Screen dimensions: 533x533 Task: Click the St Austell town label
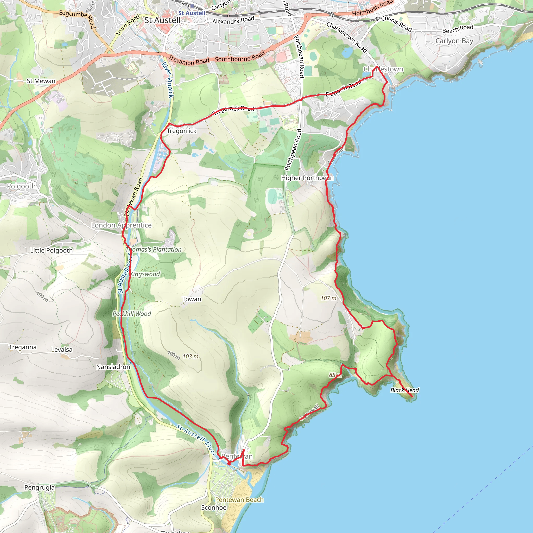[x=162, y=20]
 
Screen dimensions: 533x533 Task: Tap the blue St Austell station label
[x=192, y=13]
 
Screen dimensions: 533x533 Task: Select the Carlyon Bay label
[x=454, y=41]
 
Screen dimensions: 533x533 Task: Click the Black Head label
[x=404, y=390]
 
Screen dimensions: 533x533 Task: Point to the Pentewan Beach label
[x=239, y=500]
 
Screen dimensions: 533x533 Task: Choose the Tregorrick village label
[x=182, y=131]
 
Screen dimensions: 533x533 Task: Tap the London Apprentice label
[x=121, y=225]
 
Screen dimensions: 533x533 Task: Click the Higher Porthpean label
[x=307, y=178]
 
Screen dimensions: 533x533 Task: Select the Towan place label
[x=192, y=299]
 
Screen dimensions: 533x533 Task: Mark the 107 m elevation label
[x=328, y=298]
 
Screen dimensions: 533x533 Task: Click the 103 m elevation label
[x=190, y=357]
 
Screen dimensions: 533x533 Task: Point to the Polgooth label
[x=21, y=186]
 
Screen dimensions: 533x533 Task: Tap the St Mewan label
[x=41, y=81]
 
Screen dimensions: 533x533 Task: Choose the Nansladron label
[x=113, y=367]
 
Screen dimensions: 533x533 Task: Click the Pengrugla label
[x=40, y=487]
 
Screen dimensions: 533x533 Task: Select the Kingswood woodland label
[x=145, y=274]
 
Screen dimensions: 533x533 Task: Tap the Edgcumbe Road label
[x=77, y=18]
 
